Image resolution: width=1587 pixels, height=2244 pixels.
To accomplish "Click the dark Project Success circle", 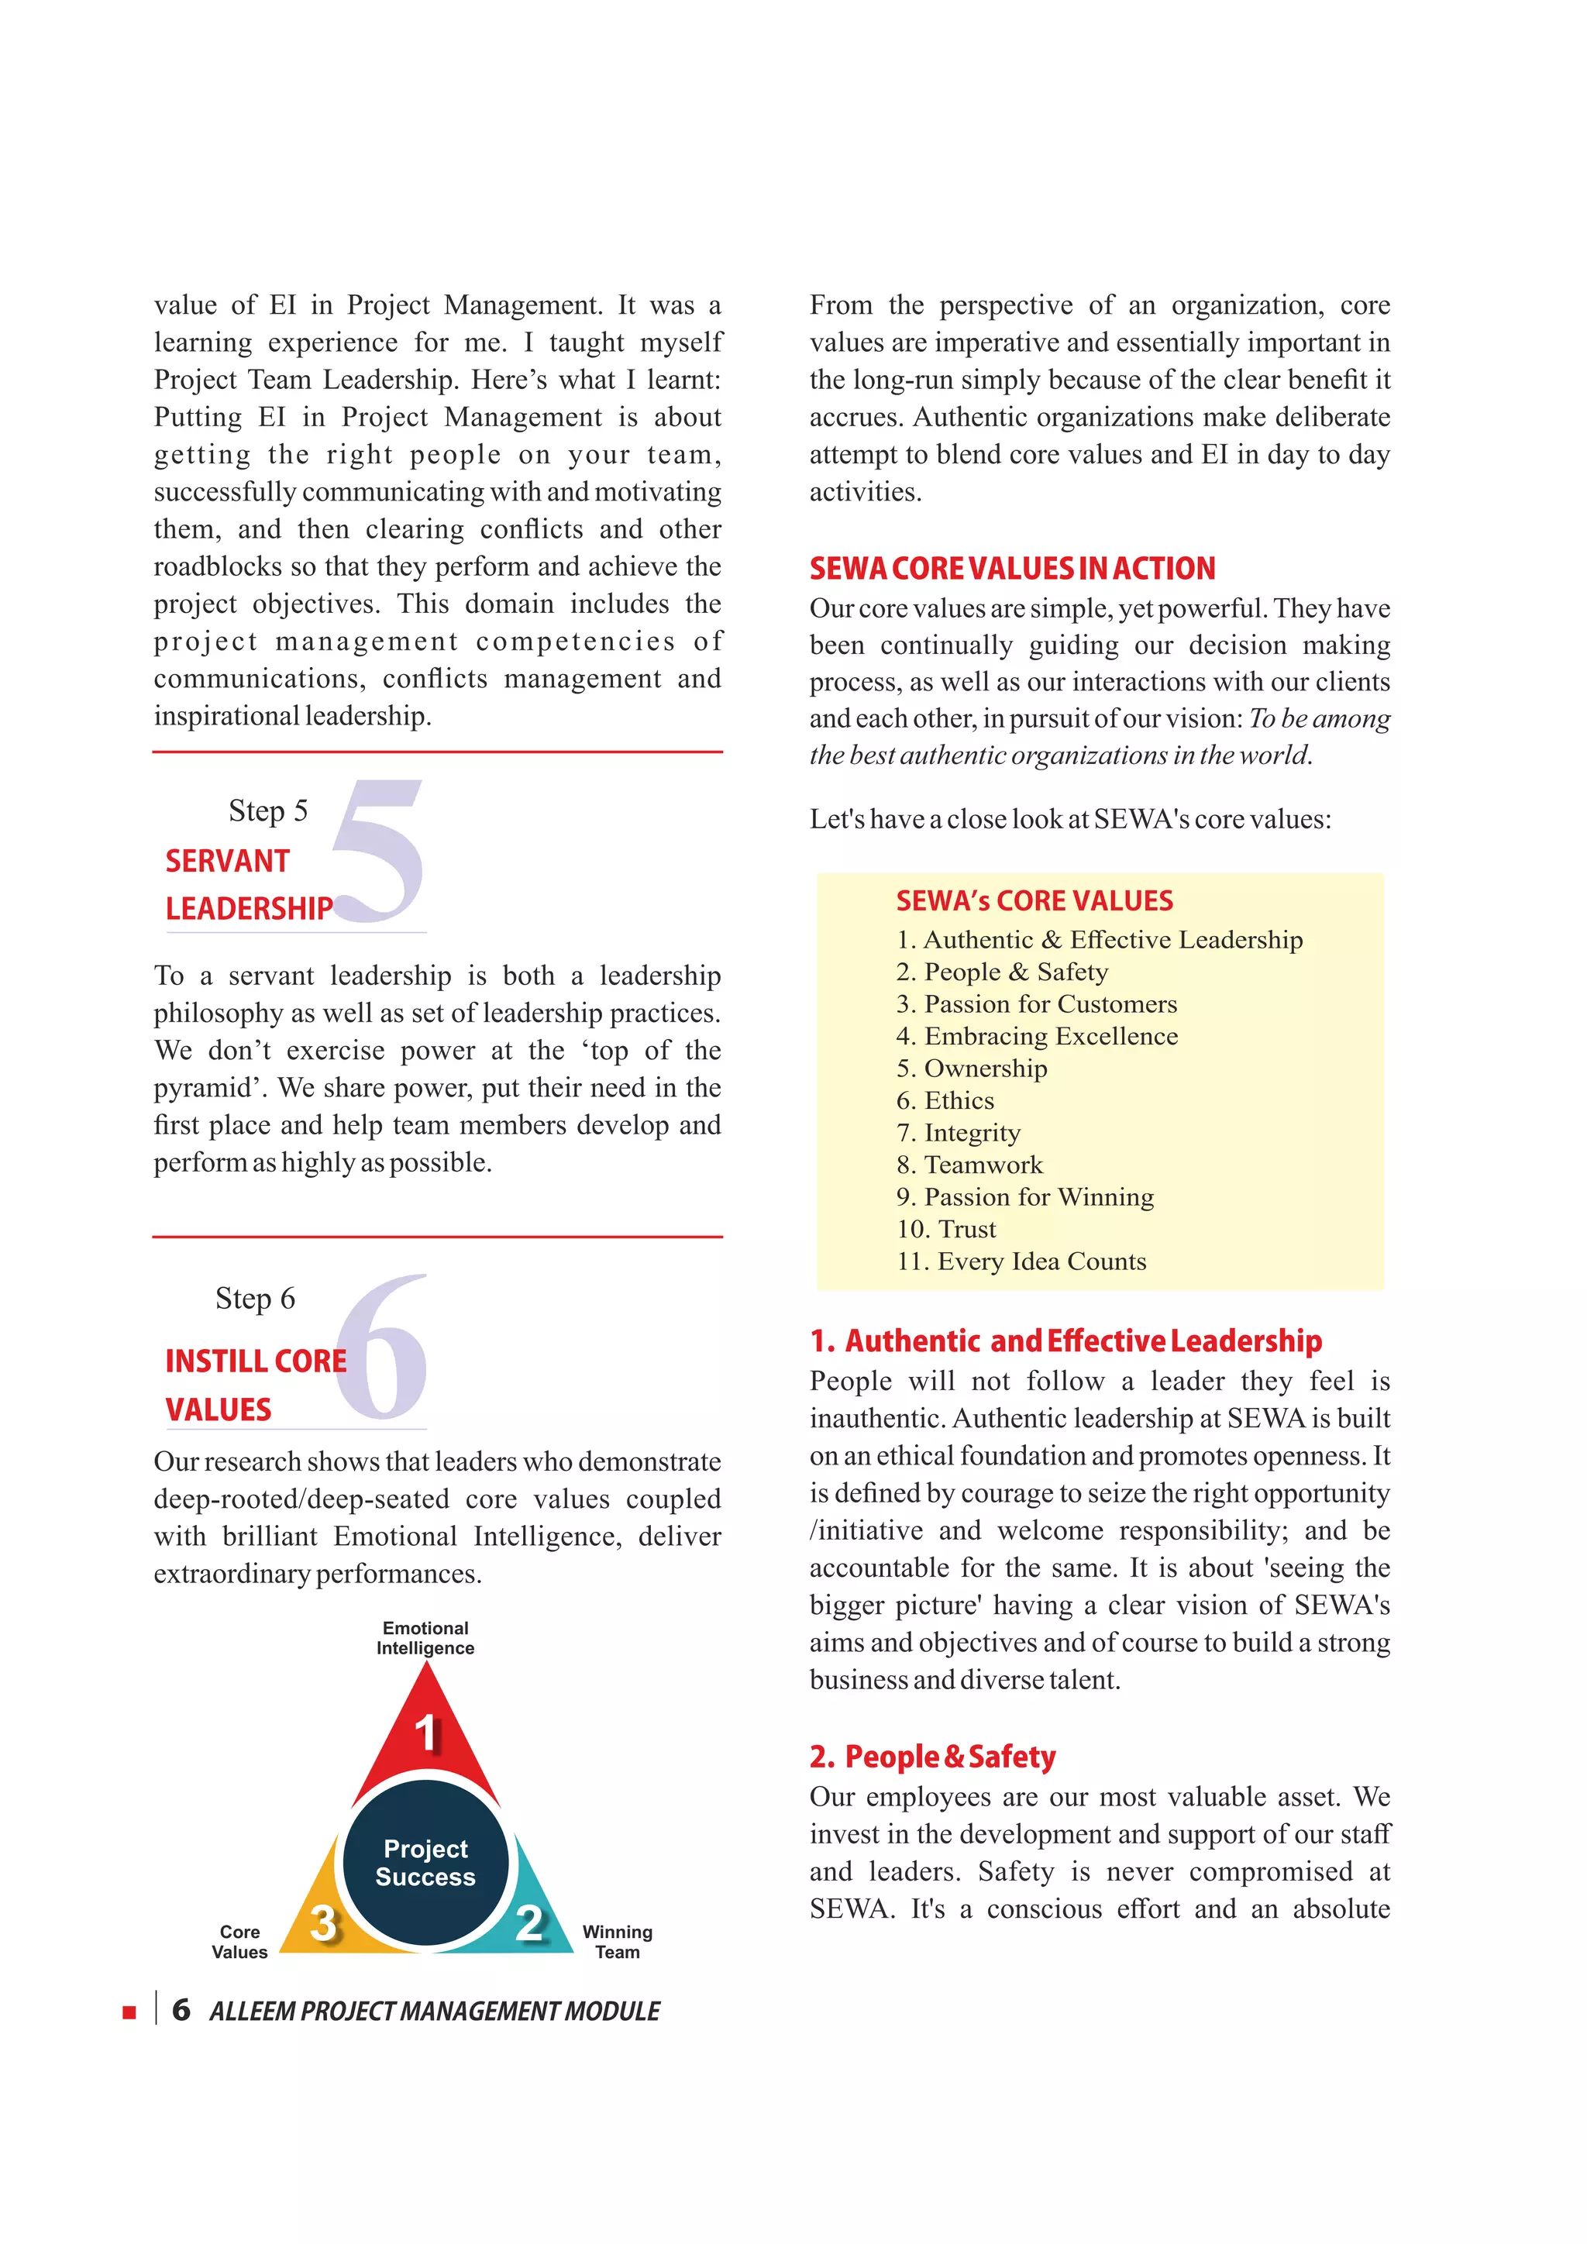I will (x=426, y=1862).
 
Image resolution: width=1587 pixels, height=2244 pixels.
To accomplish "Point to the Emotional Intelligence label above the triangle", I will (x=426, y=1638).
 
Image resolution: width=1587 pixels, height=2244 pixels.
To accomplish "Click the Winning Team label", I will (x=618, y=1942).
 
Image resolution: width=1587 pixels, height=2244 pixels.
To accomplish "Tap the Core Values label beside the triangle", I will (x=239, y=1942).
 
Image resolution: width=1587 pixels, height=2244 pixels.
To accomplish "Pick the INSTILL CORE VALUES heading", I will (x=255, y=1384).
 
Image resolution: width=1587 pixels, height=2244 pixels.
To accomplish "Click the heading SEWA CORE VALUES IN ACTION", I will (x=1012, y=569).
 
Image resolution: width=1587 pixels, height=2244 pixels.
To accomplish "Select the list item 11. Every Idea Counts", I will (x=1021, y=1261).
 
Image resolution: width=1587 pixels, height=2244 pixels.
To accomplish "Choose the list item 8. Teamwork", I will (x=969, y=1165).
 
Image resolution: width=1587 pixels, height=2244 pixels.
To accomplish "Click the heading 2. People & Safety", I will (x=932, y=1757).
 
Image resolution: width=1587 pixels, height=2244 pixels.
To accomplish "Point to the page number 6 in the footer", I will (x=181, y=2011).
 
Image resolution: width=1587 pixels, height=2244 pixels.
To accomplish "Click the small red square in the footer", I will (x=129, y=2012).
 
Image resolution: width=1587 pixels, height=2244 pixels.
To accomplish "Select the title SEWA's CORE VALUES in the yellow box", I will (x=1034, y=900).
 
